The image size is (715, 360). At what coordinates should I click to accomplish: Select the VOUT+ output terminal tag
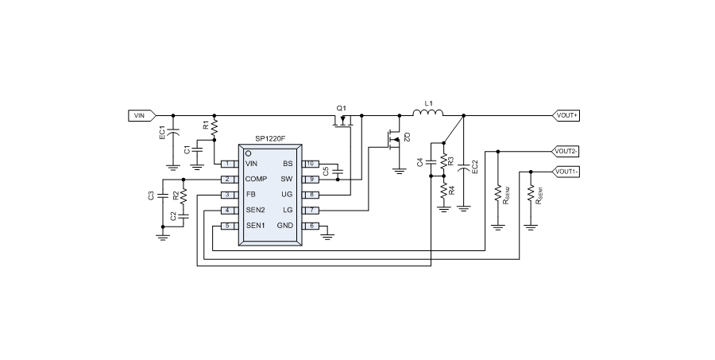pyautogui.click(x=566, y=115)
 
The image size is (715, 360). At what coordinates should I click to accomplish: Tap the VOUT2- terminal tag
pyautogui.click(x=566, y=149)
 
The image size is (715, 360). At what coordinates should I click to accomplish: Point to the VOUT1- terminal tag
pyautogui.click(x=566, y=171)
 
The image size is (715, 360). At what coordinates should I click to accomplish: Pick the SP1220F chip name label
pyautogui.click(x=271, y=137)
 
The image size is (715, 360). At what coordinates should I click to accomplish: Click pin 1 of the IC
pyautogui.click(x=228, y=164)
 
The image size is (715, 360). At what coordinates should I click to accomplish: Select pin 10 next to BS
pyautogui.click(x=311, y=164)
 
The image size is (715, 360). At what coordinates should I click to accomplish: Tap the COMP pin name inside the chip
pyautogui.click(x=256, y=179)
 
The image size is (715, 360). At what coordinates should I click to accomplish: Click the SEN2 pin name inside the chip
pyautogui.click(x=255, y=210)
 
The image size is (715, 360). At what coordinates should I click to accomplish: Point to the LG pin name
pyautogui.click(x=288, y=210)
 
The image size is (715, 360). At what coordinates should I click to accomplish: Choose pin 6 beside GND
pyautogui.click(x=311, y=226)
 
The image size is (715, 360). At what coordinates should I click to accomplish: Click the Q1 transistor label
pyautogui.click(x=342, y=107)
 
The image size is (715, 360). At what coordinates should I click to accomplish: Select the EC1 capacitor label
pyautogui.click(x=162, y=133)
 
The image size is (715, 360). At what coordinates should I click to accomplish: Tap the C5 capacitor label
pyautogui.click(x=326, y=170)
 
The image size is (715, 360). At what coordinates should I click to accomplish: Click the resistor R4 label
pyautogui.click(x=452, y=191)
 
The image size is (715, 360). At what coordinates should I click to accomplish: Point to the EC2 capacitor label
pyautogui.click(x=474, y=166)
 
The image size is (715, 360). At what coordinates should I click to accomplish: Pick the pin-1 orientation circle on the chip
pyautogui.click(x=248, y=152)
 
